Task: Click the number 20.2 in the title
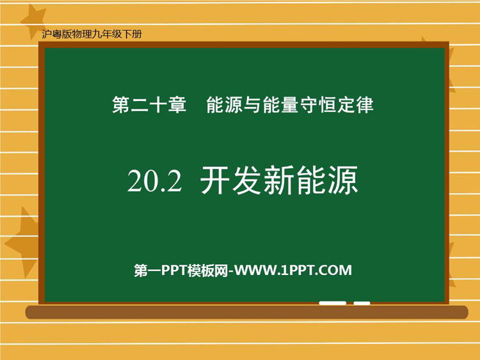coord(154,181)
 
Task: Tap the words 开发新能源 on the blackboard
coord(279,180)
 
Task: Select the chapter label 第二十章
coord(149,105)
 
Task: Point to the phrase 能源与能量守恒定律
coord(290,105)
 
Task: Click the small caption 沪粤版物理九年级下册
coord(92,34)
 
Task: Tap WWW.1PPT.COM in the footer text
coord(293,270)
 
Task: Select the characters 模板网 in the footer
coord(208,270)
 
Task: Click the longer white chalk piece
coord(332,303)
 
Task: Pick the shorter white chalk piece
coord(362,303)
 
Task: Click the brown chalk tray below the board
coord(247,312)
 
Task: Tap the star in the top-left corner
coord(33,21)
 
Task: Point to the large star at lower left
coord(23,242)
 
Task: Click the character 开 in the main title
coord(216,180)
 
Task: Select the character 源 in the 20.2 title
coord(343,180)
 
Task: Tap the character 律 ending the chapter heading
coord(365,105)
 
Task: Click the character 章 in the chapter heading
coord(177,105)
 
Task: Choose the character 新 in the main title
coord(279,180)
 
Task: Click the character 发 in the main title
coord(247,180)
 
